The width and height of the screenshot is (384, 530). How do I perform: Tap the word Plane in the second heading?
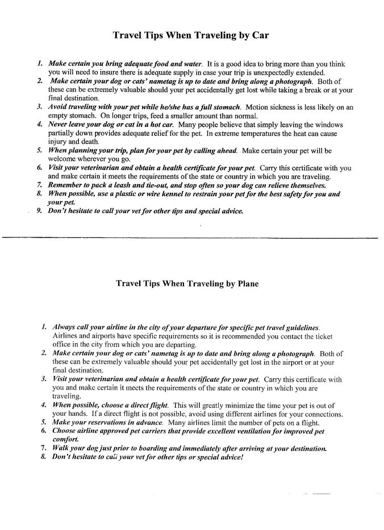247,282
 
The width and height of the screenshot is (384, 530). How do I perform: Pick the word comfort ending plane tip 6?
65,440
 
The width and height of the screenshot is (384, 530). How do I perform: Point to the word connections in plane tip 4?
323,414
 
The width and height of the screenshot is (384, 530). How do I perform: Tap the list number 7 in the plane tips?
43,448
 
